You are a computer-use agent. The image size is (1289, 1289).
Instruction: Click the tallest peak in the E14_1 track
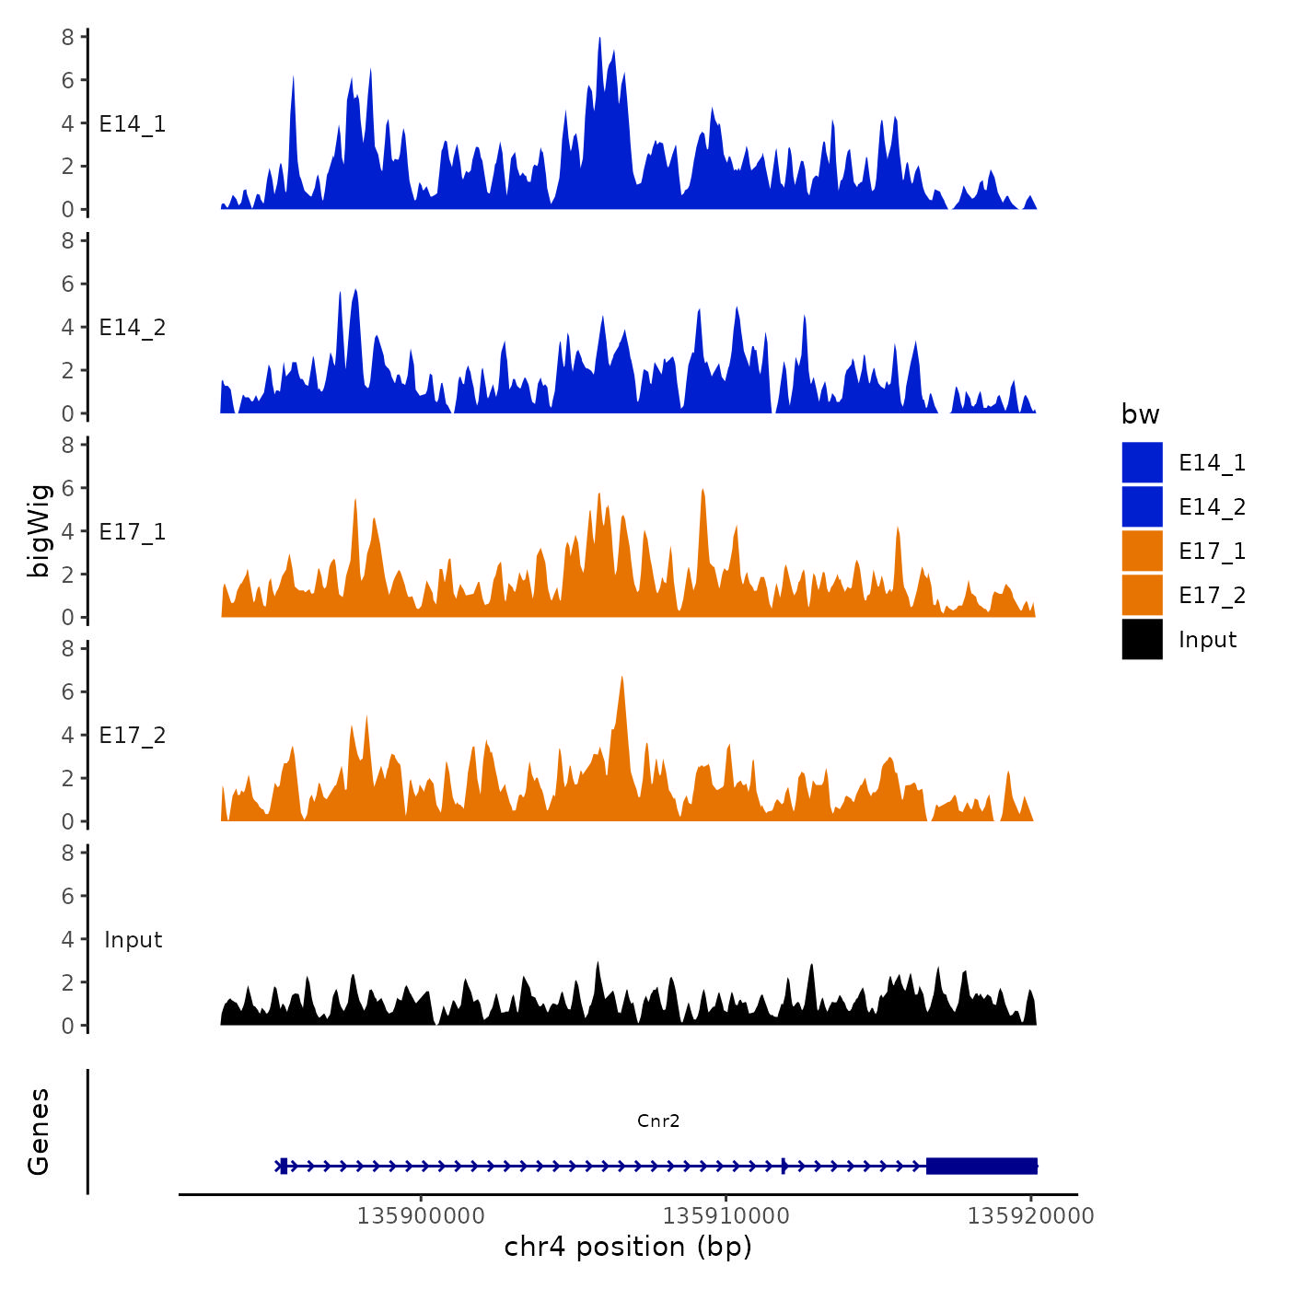[x=599, y=40]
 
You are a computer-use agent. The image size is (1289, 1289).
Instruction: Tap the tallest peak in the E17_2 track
[x=622, y=679]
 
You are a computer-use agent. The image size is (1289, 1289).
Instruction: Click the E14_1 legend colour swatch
[x=1142, y=462]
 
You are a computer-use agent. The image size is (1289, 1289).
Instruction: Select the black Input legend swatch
[x=1142, y=639]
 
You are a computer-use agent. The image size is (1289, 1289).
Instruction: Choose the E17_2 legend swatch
[x=1142, y=595]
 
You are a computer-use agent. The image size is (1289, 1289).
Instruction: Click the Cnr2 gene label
[x=658, y=1121]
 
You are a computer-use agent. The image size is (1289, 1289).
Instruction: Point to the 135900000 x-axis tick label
[x=421, y=1216]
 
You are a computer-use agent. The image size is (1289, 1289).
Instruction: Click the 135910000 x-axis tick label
[x=726, y=1216]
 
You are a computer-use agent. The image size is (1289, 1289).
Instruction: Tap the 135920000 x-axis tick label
[x=1030, y=1216]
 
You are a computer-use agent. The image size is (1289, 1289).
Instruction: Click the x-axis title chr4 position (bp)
[x=628, y=1247]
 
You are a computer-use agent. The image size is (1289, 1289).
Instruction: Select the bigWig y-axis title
[x=39, y=530]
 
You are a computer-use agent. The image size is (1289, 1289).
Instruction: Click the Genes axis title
[x=39, y=1132]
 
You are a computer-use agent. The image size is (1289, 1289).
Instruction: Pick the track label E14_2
[x=133, y=328]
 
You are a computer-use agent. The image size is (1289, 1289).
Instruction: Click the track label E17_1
[x=133, y=532]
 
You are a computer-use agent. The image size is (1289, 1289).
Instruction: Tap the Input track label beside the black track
[x=133, y=940]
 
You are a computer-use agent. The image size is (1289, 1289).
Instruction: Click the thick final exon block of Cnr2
[x=981, y=1166]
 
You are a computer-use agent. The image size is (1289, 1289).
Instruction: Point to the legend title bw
[x=1140, y=414]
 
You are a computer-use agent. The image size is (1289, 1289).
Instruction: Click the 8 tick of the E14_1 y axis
[x=68, y=38]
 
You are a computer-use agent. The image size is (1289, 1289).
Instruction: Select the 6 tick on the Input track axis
[x=68, y=896]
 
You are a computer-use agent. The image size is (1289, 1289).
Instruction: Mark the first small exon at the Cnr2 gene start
[x=284, y=1166]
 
